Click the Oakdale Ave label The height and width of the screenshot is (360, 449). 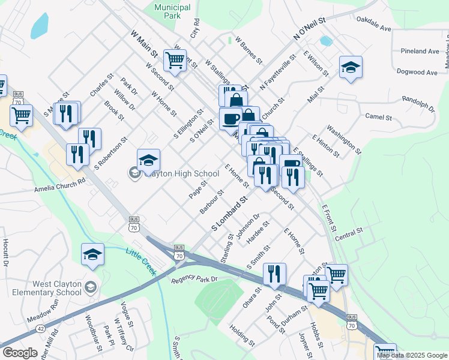point(373,28)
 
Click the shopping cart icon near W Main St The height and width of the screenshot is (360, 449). point(174,59)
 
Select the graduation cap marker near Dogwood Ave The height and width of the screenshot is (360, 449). point(351,68)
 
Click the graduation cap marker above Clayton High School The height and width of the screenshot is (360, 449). point(148,160)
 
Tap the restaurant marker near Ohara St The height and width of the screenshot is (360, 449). point(274,274)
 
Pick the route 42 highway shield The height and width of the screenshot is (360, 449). point(40,329)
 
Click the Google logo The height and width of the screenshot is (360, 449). point(20,353)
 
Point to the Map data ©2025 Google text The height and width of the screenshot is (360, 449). point(412,355)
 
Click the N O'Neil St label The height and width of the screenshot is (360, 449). point(309,29)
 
